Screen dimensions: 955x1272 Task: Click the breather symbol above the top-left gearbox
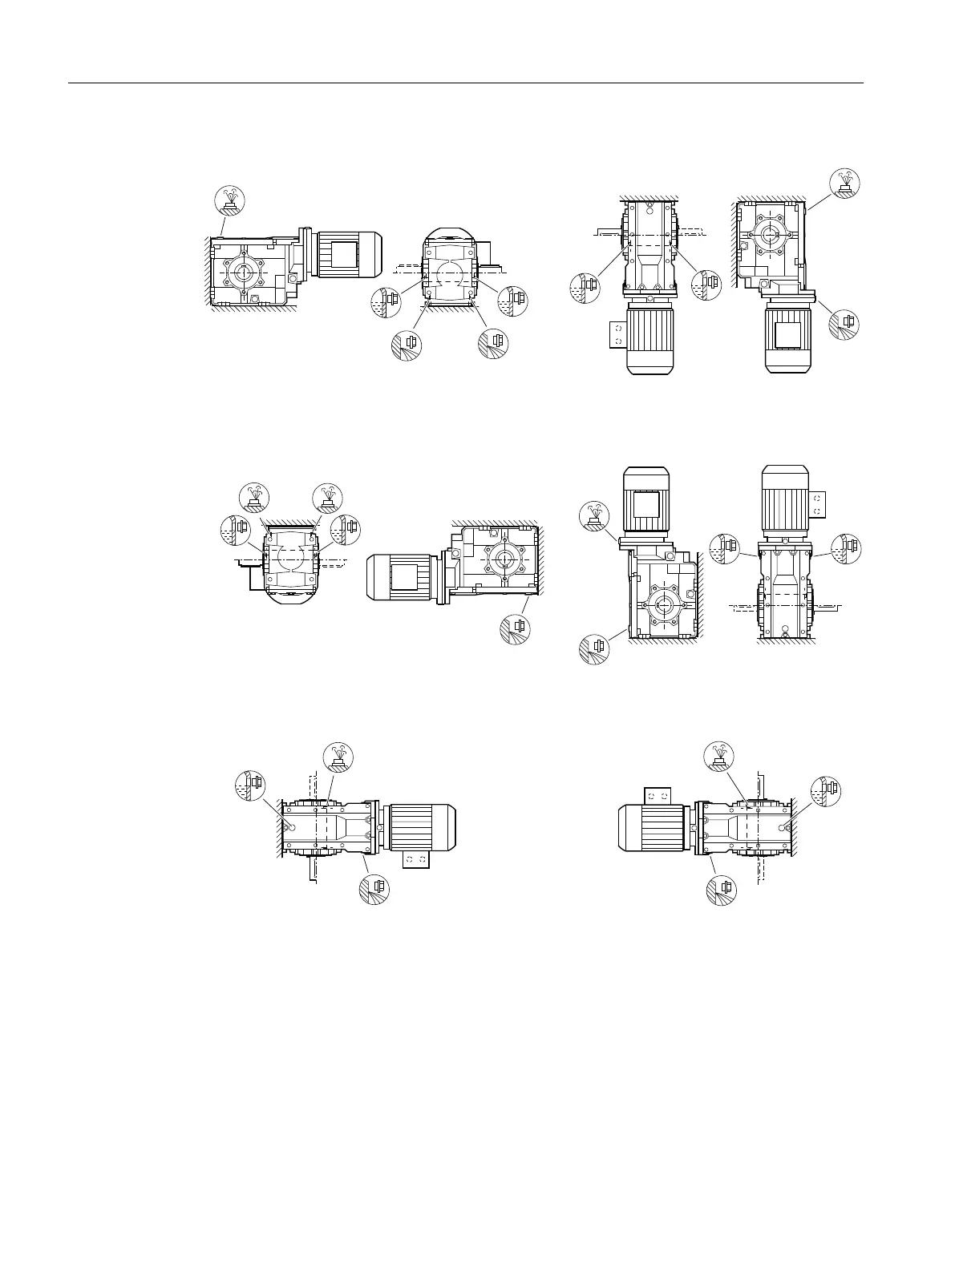click(230, 200)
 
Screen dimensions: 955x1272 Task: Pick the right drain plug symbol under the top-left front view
click(492, 343)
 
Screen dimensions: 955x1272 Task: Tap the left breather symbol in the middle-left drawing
click(255, 499)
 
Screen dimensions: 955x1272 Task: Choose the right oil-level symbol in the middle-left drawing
click(346, 528)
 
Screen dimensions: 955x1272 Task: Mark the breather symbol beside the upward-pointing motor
click(594, 515)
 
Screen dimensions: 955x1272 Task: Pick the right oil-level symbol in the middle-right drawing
click(847, 547)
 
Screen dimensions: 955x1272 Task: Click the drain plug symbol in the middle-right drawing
click(594, 648)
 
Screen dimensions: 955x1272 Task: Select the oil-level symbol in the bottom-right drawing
click(825, 789)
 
